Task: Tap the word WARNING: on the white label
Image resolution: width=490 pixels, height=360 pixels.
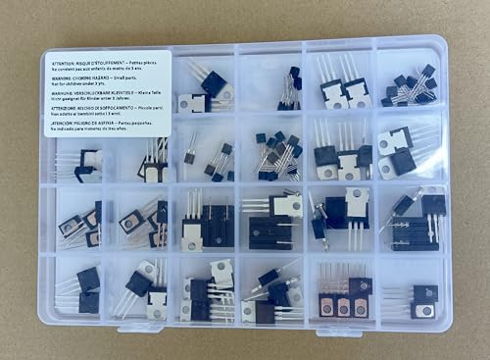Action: click(62, 77)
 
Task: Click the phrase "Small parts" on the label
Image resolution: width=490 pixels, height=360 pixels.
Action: click(133, 77)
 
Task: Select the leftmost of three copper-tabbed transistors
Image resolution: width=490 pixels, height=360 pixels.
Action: click(327, 305)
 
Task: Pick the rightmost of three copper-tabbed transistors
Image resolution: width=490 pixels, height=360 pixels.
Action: click(360, 304)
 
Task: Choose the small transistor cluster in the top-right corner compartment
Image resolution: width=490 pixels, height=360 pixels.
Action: click(412, 86)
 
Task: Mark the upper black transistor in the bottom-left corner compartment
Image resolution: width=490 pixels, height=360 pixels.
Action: click(88, 280)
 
